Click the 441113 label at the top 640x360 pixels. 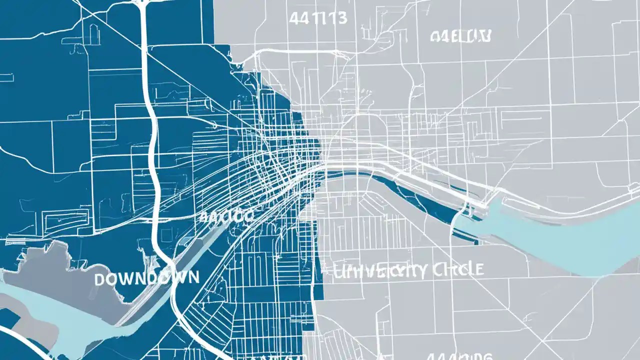[318, 18]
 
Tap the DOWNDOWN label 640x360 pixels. [146, 278]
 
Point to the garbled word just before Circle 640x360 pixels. [380, 271]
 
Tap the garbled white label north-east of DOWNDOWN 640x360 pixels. [226, 216]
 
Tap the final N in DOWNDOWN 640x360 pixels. [192, 277]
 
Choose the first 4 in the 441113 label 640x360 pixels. [294, 18]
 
